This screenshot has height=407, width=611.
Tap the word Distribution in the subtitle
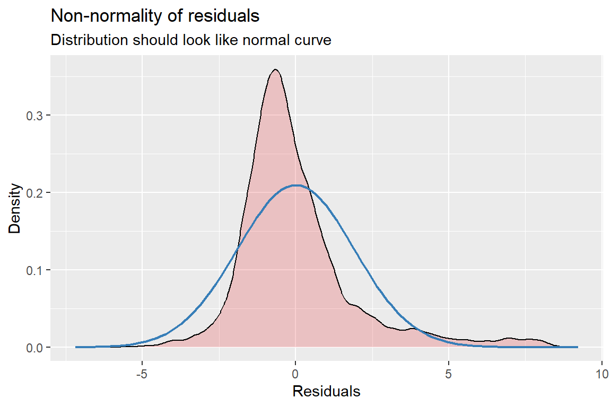[x=89, y=40]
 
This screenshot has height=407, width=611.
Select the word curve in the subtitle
[x=313, y=40]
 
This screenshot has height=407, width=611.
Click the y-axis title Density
[x=15, y=208]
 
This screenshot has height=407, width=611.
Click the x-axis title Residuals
[x=326, y=392]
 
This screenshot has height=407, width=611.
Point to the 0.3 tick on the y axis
[x=34, y=116]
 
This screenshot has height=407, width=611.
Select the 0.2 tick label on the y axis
[x=34, y=193]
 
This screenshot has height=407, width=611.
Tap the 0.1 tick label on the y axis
[x=34, y=270]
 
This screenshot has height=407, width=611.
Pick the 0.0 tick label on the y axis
[x=34, y=348]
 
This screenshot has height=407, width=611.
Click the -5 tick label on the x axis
[x=142, y=373]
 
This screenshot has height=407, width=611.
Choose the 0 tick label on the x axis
[x=296, y=373]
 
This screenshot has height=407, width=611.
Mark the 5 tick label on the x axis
[x=449, y=373]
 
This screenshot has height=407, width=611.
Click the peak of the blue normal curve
[x=296, y=185]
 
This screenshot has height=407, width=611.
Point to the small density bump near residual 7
[x=510, y=338]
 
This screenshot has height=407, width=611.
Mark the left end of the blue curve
[x=76, y=347]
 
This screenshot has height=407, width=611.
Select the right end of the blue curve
[x=577, y=347]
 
